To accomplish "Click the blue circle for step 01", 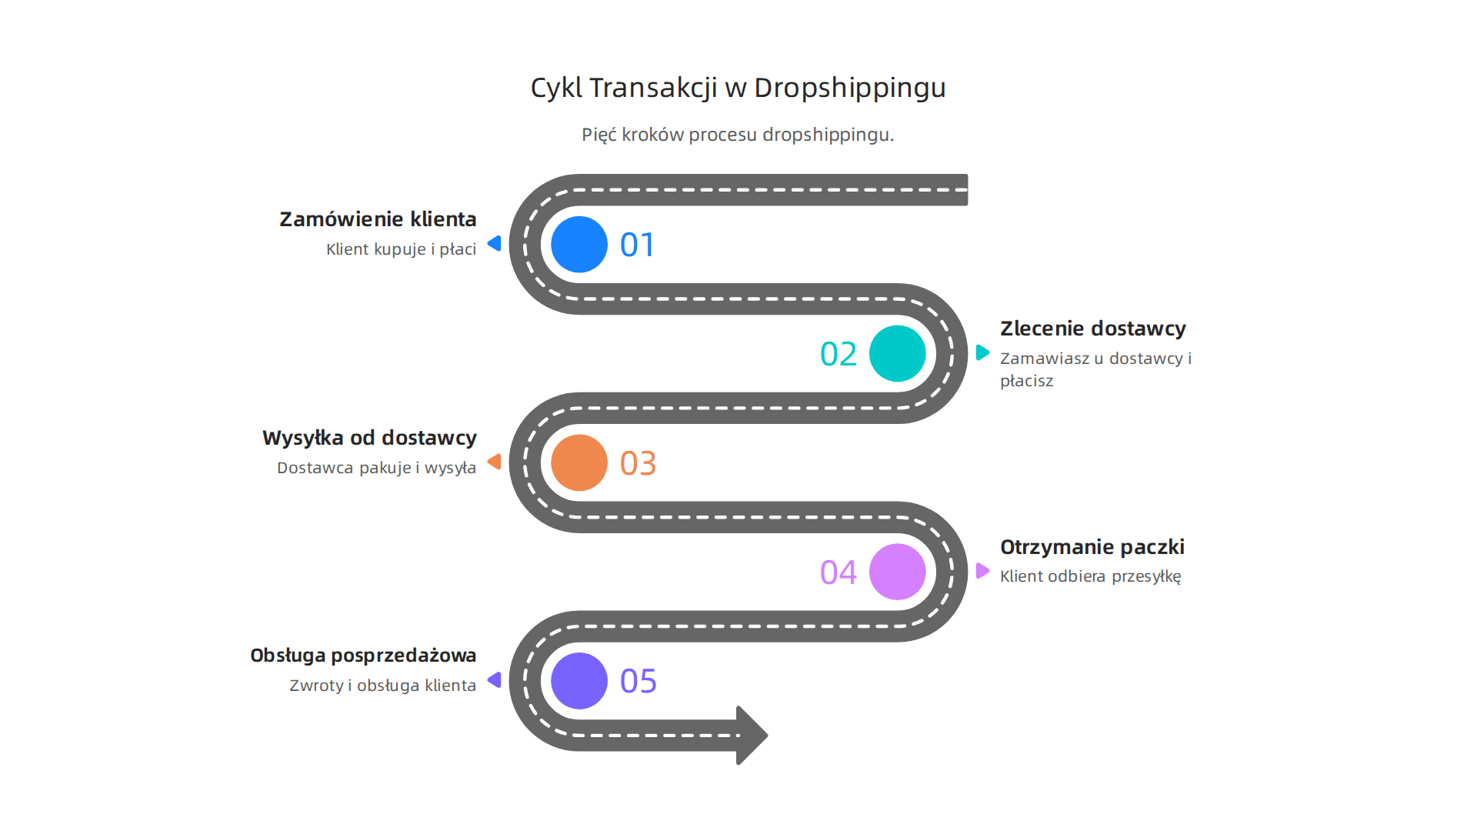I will (x=579, y=245).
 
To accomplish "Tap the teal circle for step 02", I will (x=897, y=354).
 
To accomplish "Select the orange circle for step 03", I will (x=579, y=462).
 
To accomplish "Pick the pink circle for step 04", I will (x=897, y=572).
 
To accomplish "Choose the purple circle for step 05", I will (x=579, y=681).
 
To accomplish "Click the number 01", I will (x=638, y=245).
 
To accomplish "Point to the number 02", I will (x=839, y=355).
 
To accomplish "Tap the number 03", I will (x=638, y=464).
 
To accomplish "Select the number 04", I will (x=839, y=572).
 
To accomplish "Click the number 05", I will (x=638, y=682).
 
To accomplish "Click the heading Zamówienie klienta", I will (x=378, y=219).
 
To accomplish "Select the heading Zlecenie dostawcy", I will (x=1092, y=329).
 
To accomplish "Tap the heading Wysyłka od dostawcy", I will (x=369, y=438).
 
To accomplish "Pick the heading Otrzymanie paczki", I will (x=1092, y=547).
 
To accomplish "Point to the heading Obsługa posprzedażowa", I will (x=363, y=656).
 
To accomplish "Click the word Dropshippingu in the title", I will (x=849, y=88).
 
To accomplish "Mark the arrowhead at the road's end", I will (x=752, y=735).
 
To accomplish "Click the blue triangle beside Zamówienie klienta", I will (x=495, y=244).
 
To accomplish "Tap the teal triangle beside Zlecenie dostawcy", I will (x=982, y=352).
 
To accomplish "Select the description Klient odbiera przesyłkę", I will (x=1090, y=576).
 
